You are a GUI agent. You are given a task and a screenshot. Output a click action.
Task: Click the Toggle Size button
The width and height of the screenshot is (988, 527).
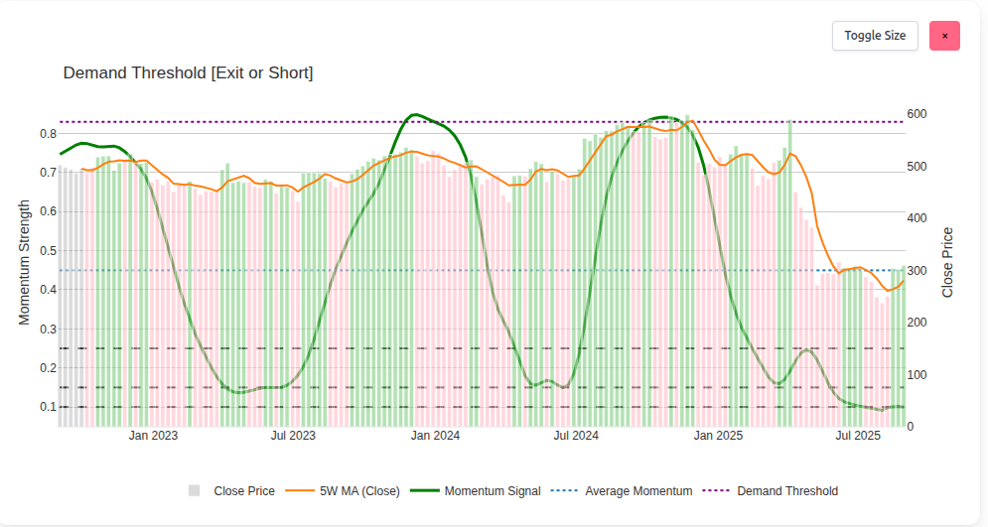[x=875, y=36]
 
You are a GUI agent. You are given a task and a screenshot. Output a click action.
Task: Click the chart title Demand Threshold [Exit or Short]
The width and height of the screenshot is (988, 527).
[x=188, y=73]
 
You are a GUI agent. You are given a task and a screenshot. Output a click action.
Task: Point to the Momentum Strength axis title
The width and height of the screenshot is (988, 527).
[x=25, y=263]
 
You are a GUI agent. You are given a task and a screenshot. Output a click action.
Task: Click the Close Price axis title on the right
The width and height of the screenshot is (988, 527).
[x=947, y=262]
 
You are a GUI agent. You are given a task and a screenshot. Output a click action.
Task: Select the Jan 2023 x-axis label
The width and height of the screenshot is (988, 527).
[x=153, y=436]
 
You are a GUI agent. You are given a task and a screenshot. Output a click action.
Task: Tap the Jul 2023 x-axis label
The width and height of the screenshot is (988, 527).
[x=293, y=436]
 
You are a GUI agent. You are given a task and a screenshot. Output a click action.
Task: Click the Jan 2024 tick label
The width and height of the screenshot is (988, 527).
[x=435, y=436]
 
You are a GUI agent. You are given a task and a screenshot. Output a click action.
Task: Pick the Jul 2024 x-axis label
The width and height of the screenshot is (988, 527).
[x=576, y=436]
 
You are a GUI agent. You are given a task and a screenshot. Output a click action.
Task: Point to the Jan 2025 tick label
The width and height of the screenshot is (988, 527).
[x=719, y=436]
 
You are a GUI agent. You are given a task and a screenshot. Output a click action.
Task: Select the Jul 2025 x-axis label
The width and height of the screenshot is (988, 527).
[x=858, y=436]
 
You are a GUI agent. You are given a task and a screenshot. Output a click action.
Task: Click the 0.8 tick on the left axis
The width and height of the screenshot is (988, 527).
[x=48, y=134]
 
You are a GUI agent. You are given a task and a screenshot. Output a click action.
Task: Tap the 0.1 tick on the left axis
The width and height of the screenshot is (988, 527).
[x=48, y=407]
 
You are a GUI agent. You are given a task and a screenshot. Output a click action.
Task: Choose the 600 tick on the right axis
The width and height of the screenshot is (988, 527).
[x=919, y=114]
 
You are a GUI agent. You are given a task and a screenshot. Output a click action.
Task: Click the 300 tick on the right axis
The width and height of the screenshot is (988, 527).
[x=919, y=271]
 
